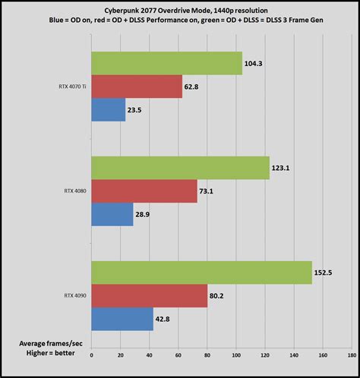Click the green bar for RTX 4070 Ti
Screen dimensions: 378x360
[166, 64]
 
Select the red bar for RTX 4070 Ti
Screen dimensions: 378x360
[137, 87]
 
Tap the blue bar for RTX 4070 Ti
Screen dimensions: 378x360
[108, 110]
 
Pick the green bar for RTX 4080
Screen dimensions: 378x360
[180, 168]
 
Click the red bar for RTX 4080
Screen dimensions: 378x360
[144, 191]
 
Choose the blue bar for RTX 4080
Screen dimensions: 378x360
[112, 215]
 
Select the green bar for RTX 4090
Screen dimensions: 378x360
[201, 272]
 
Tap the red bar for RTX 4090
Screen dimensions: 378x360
[149, 296]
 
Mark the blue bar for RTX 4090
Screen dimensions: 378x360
[122, 319]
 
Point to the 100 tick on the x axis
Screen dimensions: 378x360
[235, 354]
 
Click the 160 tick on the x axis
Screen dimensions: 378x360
[323, 354]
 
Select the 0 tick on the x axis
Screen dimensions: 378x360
[91, 354]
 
